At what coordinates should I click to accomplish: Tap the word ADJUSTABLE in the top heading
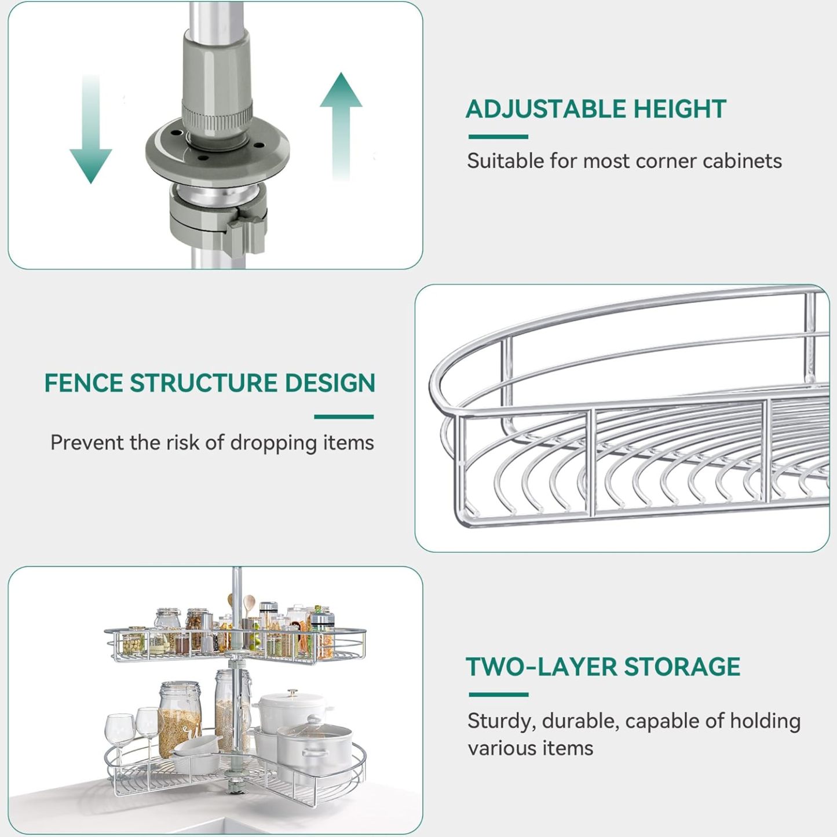pyautogui.click(x=545, y=109)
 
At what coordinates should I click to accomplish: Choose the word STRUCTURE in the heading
pyautogui.click(x=203, y=383)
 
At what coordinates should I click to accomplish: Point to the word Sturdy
pyautogui.click(x=501, y=722)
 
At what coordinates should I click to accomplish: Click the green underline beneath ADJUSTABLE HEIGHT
pyautogui.click(x=498, y=137)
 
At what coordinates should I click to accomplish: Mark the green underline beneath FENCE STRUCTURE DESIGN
pyautogui.click(x=344, y=417)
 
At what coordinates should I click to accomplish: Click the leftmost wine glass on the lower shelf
pyautogui.click(x=120, y=729)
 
